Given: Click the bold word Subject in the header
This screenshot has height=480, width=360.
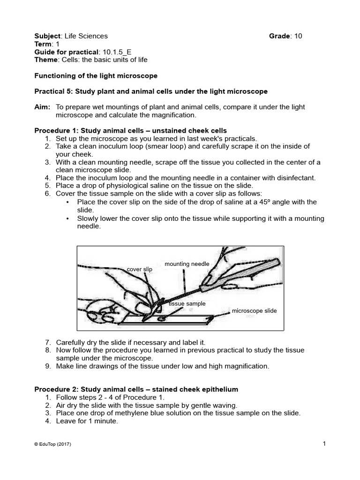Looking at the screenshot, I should click(x=48, y=36).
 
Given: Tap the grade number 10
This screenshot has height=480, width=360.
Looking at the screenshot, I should click(x=298, y=36).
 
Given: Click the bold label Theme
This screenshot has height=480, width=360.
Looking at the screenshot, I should click(x=46, y=60).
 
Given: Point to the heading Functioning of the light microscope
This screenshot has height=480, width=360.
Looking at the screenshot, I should click(x=96, y=75).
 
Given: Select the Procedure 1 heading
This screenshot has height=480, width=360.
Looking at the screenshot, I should click(x=131, y=130).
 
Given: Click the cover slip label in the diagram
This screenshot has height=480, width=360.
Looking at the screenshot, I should click(x=140, y=269).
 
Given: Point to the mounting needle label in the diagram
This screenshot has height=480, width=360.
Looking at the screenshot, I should click(x=187, y=264).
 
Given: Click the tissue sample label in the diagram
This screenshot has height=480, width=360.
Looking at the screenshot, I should click(x=187, y=304).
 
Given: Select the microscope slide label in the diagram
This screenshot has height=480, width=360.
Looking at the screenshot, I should click(x=254, y=311).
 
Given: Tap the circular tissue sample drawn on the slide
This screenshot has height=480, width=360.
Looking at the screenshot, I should click(x=161, y=319).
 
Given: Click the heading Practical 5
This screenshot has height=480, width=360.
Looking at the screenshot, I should click(x=151, y=91).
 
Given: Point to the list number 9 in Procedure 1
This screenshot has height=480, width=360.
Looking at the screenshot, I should click(x=48, y=366).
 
